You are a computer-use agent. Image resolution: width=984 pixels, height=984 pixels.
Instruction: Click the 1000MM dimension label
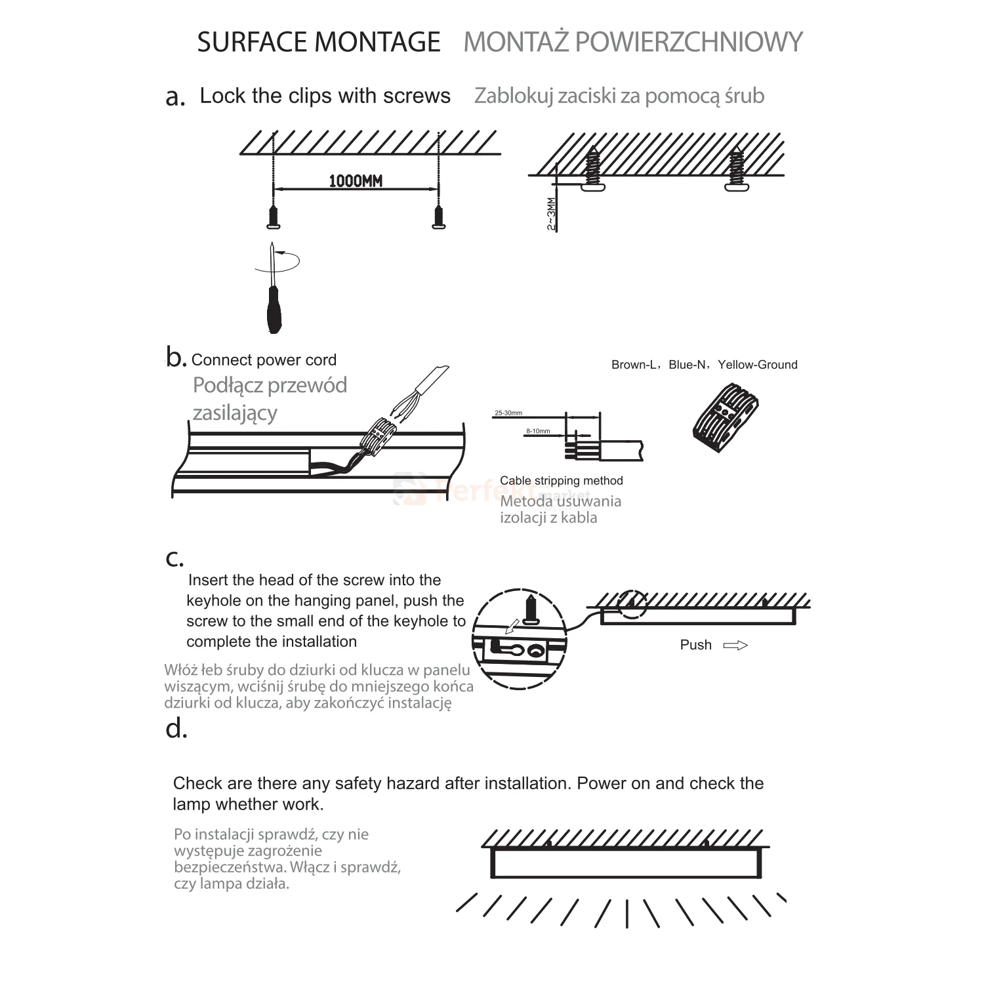click(355, 181)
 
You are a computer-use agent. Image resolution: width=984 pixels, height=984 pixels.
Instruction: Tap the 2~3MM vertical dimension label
click(552, 213)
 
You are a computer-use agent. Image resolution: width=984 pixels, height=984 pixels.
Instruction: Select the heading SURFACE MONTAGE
click(319, 42)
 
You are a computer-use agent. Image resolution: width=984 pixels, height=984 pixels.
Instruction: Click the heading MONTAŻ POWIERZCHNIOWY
click(633, 42)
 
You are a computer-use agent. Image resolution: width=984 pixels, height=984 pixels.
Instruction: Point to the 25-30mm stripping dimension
click(508, 413)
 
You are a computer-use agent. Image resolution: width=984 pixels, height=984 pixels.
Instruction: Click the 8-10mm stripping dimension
click(538, 432)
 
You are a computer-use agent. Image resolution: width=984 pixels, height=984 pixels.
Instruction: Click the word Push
click(695, 645)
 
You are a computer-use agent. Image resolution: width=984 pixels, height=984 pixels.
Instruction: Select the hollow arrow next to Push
click(735, 646)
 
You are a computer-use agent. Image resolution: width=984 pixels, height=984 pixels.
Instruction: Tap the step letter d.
click(176, 729)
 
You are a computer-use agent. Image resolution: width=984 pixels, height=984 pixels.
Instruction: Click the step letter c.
click(174, 558)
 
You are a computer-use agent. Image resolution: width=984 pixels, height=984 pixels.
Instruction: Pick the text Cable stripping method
click(561, 481)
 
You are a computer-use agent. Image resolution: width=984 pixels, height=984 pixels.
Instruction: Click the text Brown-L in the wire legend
click(633, 365)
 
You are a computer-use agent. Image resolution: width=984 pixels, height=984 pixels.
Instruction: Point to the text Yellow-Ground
click(758, 365)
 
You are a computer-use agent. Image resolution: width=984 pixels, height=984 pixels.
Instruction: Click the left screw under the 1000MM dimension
click(274, 216)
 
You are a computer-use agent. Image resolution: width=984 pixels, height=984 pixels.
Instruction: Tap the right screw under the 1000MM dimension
click(439, 216)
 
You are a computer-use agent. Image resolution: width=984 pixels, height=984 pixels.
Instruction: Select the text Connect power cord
click(264, 360)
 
